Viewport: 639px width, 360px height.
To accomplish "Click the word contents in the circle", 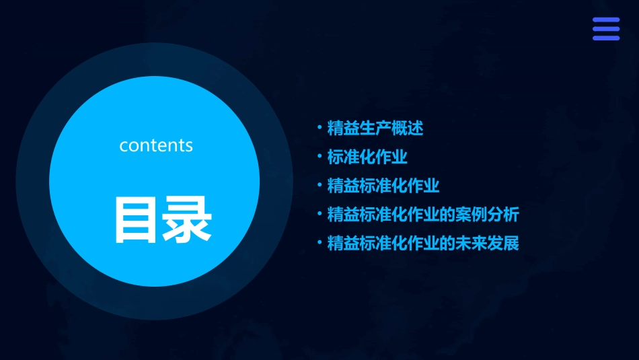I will tap(156, 145).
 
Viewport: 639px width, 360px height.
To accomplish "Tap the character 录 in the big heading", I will tap(188, 219).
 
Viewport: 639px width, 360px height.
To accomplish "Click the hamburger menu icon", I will tap(606, 29).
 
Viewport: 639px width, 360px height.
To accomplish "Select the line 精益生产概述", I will tap(375, 128).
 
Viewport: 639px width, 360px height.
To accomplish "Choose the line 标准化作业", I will tap(367, 157).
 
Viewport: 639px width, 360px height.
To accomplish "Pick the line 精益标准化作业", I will tap(383, 186).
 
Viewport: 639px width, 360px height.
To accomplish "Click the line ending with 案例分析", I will tap(423, 215).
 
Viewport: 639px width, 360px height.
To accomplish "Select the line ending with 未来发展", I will tap(423, 243).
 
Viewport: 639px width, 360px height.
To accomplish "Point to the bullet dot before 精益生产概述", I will tap(319, 128).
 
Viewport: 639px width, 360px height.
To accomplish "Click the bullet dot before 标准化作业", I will tap(319, 157).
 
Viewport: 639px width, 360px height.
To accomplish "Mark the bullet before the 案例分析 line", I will tap(319, 215).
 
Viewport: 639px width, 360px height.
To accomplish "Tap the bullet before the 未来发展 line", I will tap(319, 243).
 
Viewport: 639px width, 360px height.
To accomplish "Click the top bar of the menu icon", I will tap(606, 20).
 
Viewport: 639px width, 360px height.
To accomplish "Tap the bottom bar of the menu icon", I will tap(606, 38).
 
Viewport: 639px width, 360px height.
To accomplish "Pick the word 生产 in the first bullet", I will tap(375, 128).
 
